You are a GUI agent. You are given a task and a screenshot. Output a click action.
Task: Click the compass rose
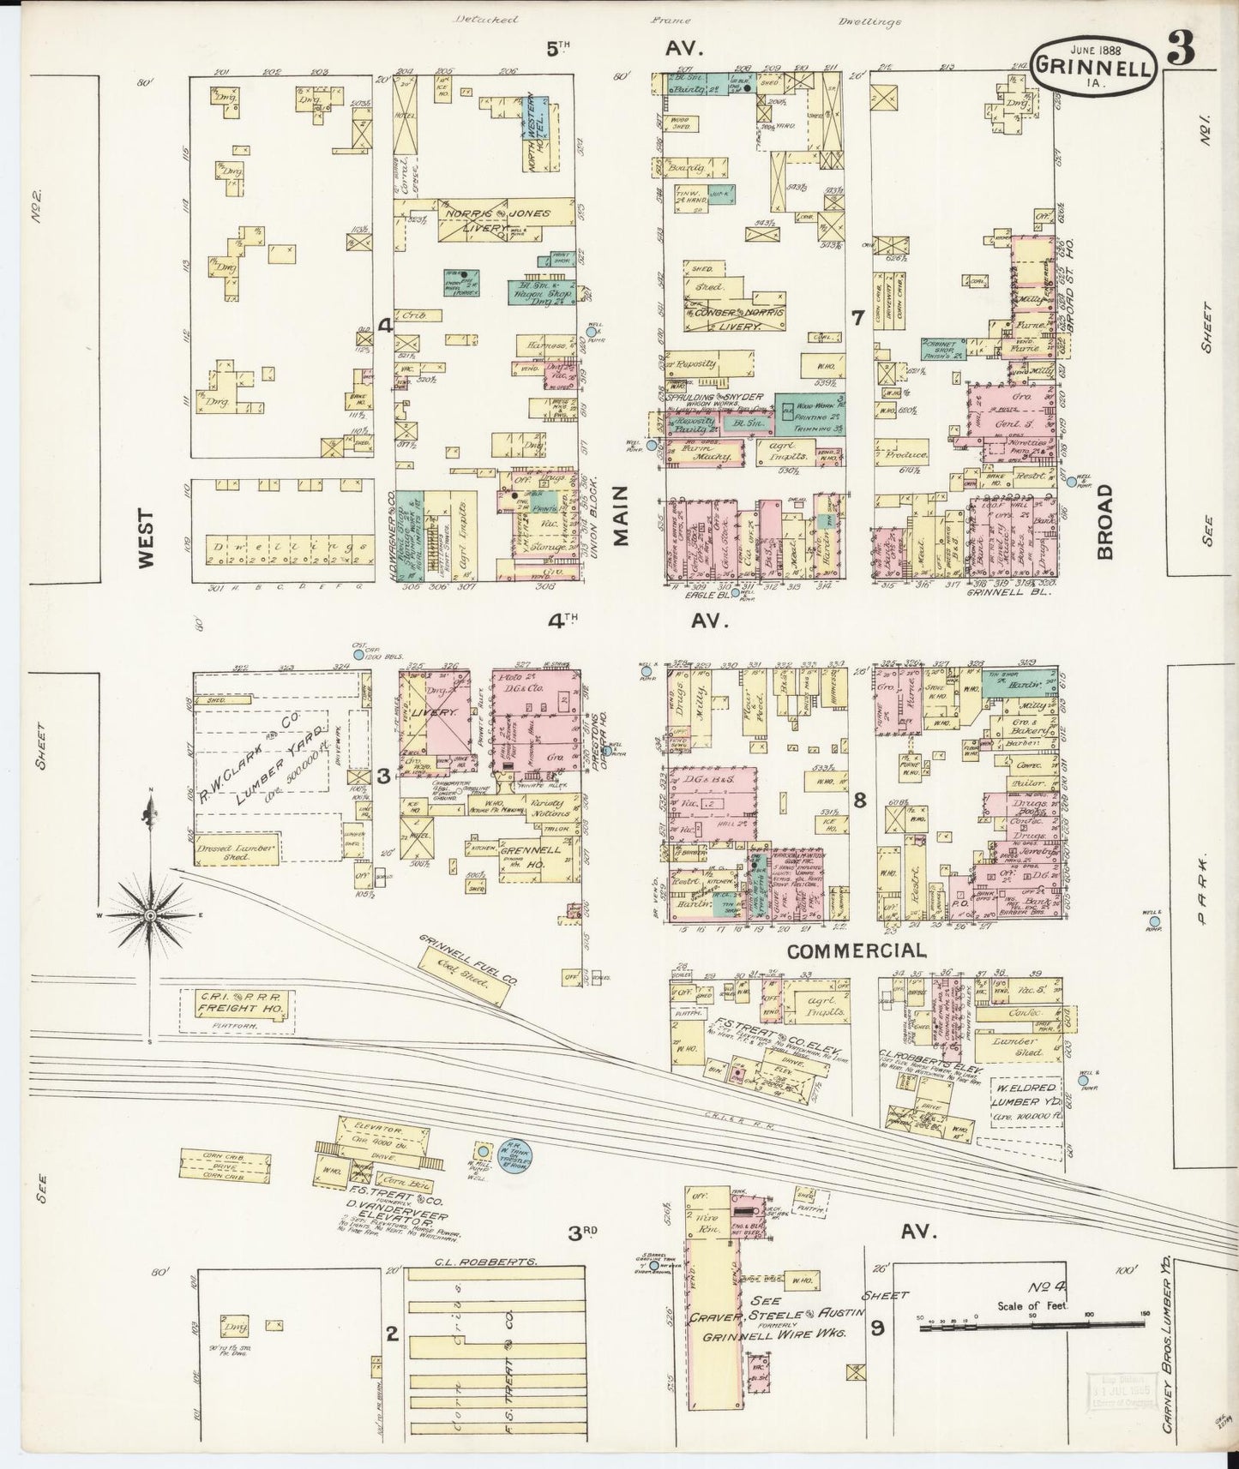click(151, 915)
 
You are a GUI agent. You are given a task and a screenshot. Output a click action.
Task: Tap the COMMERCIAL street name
click(857, 950)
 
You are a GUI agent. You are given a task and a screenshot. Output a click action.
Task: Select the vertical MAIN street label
click(621, 515)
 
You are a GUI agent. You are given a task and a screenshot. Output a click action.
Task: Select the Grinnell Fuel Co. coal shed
click(464, 973)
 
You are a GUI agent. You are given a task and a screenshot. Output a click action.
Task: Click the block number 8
click(859, 800)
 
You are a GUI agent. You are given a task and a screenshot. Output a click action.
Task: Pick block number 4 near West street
click(385, 325)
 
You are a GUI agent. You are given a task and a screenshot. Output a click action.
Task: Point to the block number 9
click(877, 1352)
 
